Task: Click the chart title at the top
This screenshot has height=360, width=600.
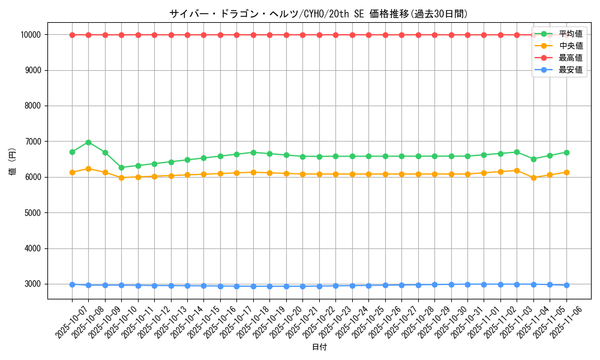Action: tap(318, 14)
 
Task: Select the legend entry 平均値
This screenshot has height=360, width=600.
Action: tap(570, 34)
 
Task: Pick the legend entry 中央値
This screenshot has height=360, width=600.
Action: tap(570, 46)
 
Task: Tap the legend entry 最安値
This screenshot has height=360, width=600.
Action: tap(570, 70)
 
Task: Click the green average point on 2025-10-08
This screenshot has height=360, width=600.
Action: tap(88, 142)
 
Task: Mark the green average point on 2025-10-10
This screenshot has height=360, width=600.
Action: tap(121, 167)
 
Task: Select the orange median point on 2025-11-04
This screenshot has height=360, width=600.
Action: tap(533, 178)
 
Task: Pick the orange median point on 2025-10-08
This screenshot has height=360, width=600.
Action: tap(88, 169)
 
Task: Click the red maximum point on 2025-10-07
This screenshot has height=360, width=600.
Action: tap(72, 35)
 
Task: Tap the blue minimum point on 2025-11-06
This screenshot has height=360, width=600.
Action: tap(566, 285)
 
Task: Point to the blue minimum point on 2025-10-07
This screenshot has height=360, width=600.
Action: tap(72, 284)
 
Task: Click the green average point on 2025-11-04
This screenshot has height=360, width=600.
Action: tap(533, 159)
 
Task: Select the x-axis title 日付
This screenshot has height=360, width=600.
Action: tap(319, 347)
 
